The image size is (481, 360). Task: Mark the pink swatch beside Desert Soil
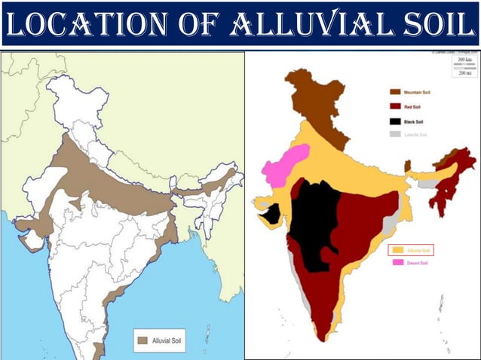click(397, 262)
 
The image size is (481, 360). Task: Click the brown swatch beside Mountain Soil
click(394, 91)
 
